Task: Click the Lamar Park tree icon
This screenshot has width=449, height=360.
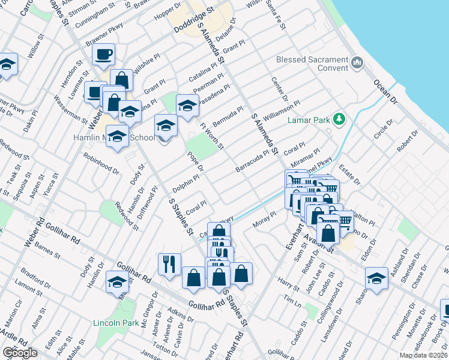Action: tap(339, 119)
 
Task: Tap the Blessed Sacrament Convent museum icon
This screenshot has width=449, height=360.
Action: tap(357, 62)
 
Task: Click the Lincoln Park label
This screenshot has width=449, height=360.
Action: tap(112, 322)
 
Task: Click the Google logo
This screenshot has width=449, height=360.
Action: tap(19, 353)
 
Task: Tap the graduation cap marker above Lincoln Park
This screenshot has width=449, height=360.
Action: tap(117, 281)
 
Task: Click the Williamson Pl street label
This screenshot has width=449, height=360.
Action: tap(280, 108)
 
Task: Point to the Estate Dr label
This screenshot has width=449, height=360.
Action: tap(348, 175)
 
